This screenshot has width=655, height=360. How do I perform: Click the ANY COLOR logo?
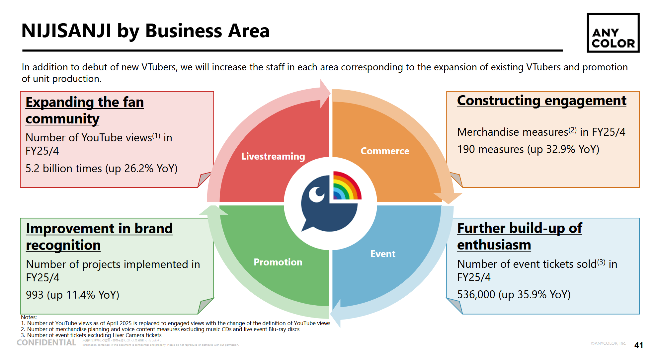click(613, 33)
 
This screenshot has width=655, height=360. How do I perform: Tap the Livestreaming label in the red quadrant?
click(273, 156)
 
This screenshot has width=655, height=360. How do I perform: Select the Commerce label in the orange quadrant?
click(385, 151)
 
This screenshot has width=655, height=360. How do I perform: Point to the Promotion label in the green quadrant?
click(278, 262)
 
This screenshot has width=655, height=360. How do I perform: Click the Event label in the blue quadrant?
click(383, 254)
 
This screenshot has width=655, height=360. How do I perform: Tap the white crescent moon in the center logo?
click(316, 194)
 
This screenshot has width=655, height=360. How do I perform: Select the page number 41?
click(638, 345)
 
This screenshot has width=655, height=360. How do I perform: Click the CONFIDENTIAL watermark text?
click(46, 343)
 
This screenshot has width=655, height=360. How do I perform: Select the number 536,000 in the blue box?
click(476, 295)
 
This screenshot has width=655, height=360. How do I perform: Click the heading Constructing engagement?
click(541, 101)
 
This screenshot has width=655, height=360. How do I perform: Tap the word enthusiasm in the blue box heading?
click(494, 245)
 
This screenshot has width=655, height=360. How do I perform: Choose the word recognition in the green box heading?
click(63, 246)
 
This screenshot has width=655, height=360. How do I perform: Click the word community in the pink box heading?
click(62, 119)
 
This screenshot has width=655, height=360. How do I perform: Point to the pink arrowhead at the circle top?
click(325, 93)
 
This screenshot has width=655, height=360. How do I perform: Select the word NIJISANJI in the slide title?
click(66, 31)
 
